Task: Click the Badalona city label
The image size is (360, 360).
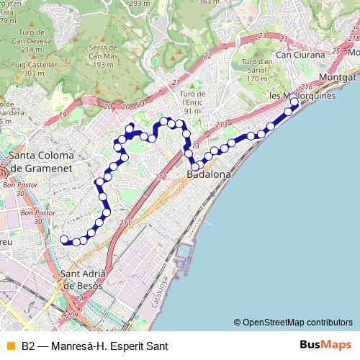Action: tap(209, 175)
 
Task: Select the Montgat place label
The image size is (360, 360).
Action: tap(338, 77)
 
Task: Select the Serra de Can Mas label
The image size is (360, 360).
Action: tap(104, 56)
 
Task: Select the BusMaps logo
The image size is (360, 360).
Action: tap(325, 346)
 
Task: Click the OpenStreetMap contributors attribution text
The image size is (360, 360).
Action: tap(297, 323)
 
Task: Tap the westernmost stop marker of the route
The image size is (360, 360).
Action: tap(64, 239)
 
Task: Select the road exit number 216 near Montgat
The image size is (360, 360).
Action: tap(307, 87)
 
